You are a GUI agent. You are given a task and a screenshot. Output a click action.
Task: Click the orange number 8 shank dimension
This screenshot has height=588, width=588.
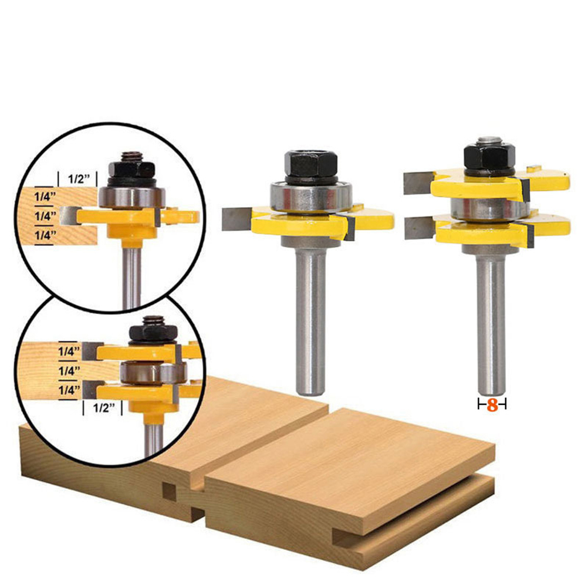[492, 405]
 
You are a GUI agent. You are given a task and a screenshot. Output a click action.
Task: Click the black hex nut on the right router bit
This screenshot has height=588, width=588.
[489, 157]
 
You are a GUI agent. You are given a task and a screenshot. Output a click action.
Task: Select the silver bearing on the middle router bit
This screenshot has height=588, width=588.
[311, 197]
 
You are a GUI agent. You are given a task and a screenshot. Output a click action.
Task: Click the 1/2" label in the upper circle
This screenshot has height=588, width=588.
[77, 179]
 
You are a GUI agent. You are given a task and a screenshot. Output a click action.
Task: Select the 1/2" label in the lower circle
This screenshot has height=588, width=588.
[103, 408]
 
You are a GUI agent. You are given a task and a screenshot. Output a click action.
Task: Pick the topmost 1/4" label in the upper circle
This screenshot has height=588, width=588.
[45, 197]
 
